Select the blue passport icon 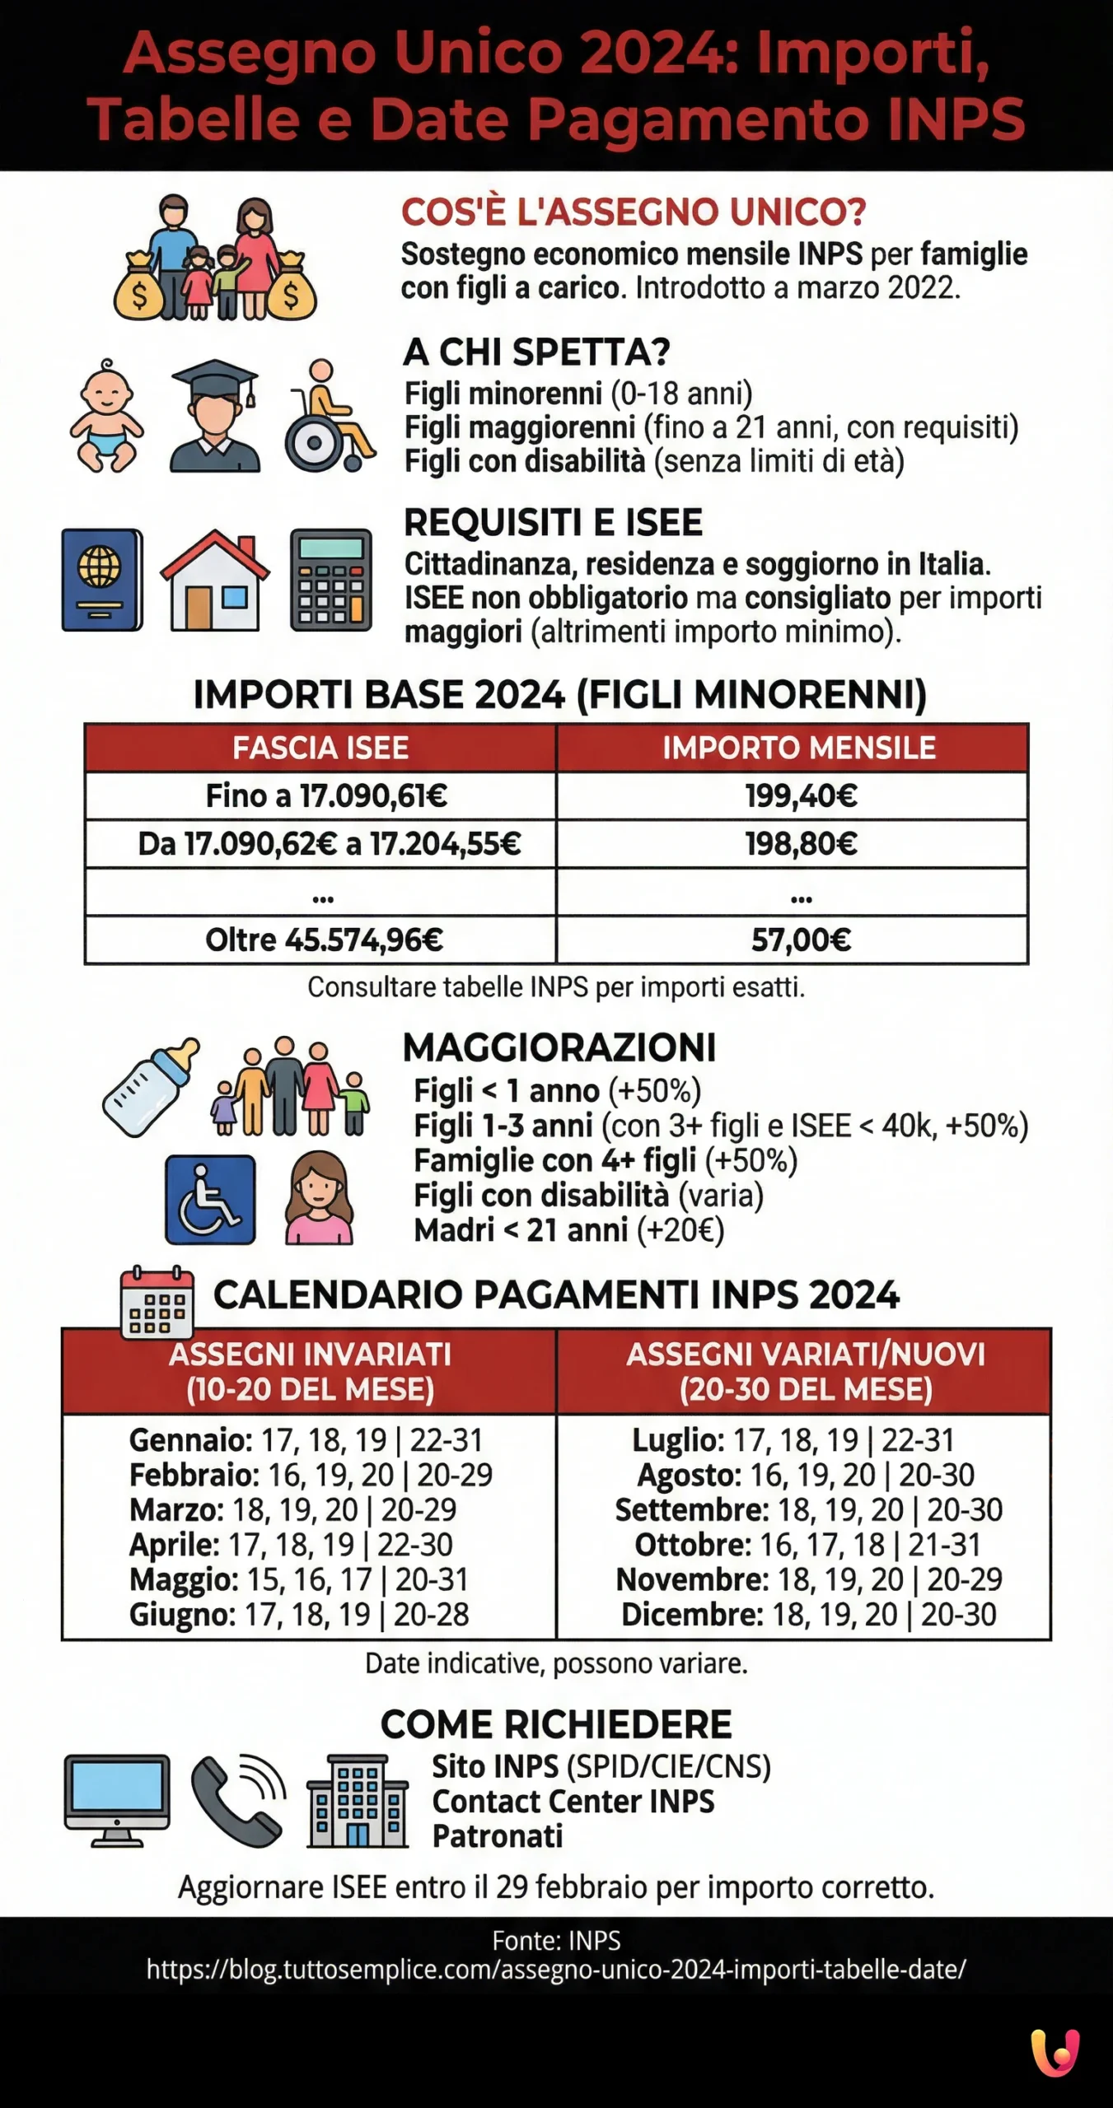(102, 580)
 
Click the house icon (214, 580)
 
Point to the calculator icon (331, 580)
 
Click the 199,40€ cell (800, 795)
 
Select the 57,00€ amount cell (800, 940)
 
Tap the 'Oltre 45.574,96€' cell (323, 940)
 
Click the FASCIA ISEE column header (320, 748)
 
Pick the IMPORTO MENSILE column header (798, 748)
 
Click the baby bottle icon (151, 1087)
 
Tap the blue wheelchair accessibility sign (210, 1199)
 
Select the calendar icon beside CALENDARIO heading (157, 1304)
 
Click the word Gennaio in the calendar (190, 1440)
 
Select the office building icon (358, 1802)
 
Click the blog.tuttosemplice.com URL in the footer (556, 1969)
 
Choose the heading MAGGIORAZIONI (559, 1047)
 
